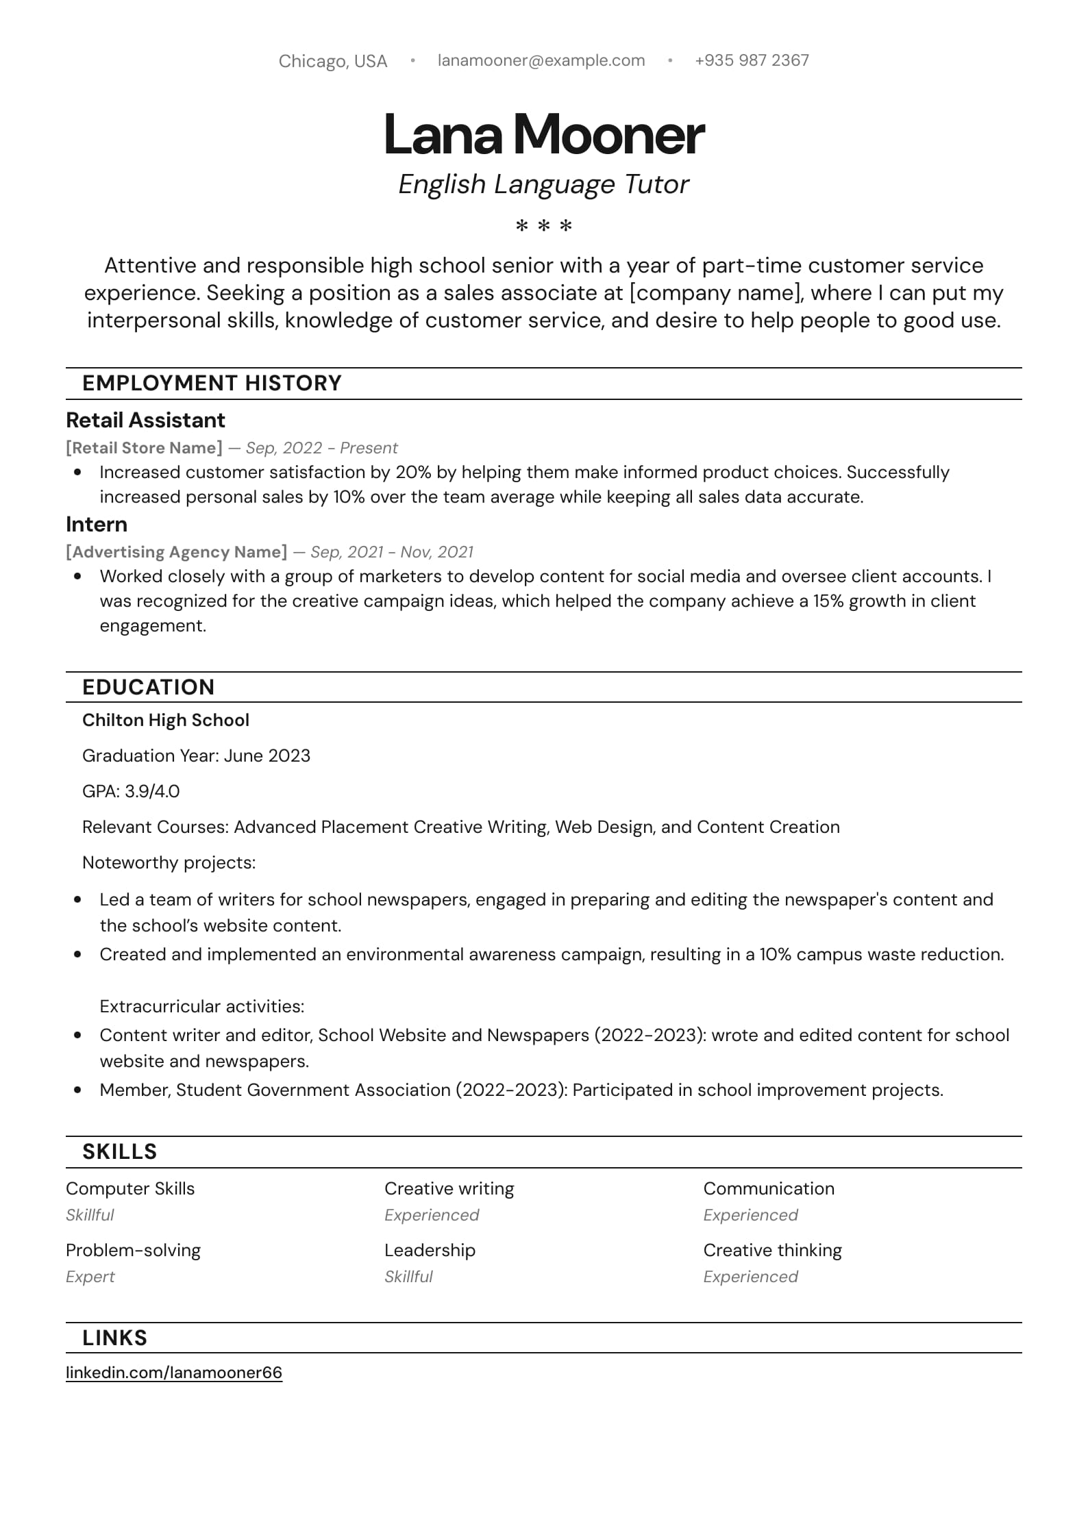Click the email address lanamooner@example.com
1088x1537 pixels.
click(x=541, y=60)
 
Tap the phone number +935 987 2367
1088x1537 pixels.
click(x=752, y=60)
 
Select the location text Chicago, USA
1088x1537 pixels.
click(x=333, y=62)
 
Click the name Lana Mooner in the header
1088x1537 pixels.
click(x=543, y=134)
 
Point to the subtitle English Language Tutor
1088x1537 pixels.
click(x=543, y=184)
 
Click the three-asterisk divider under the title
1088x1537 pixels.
click(x=543, y=225)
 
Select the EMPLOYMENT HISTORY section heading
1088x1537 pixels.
click(x=212, y=383)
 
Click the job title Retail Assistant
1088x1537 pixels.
click(x=145, y=420)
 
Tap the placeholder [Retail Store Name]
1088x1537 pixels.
click(x=144, y=448)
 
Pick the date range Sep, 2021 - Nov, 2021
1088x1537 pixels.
click(x=392, y=552)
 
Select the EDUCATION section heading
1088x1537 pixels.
click(x=148, y=687)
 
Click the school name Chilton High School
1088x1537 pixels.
click(x=166, y=720)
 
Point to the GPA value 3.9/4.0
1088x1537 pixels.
click(x=152, y=791)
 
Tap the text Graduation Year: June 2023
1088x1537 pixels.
click(x=196, y=755)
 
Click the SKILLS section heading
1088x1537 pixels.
click(x=119, y=1151)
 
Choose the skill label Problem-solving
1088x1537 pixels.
click(x=133, y=1250)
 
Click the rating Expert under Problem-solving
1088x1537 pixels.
click(x=90, y=1277)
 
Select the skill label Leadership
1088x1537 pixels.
click(x=430, y=1250)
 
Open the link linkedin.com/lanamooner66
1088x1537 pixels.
click(x=174, y=1373)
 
